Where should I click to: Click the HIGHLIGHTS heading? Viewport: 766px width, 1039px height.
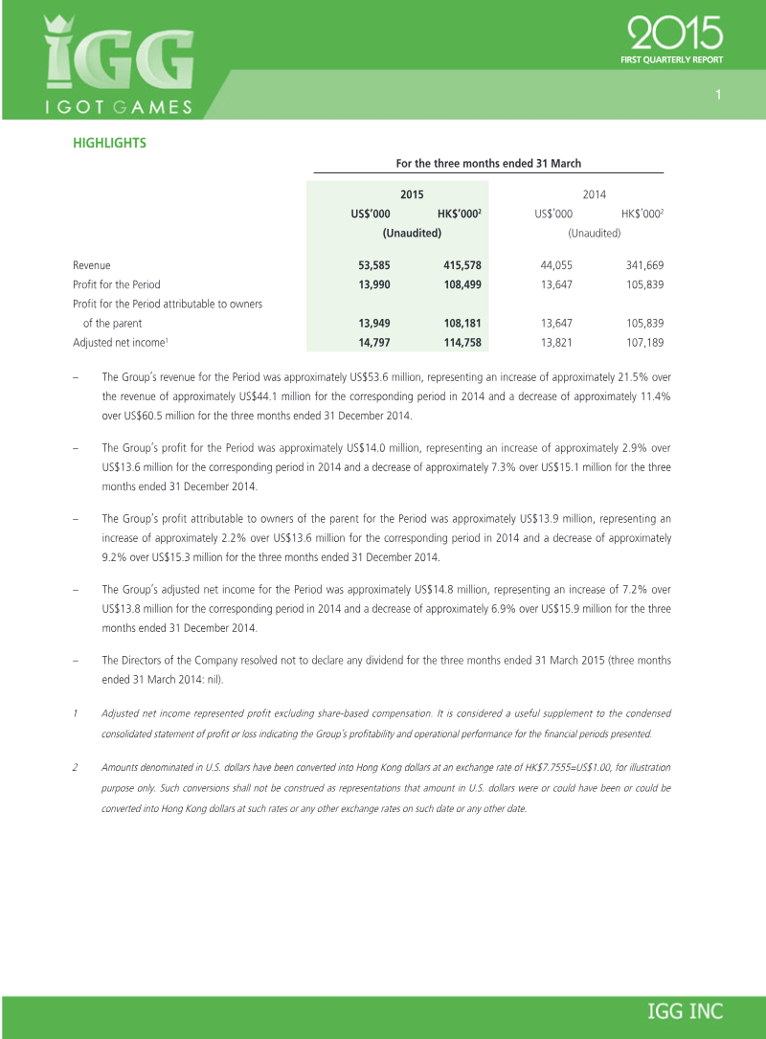point(109,144)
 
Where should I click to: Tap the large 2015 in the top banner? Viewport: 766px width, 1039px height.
point(675,35)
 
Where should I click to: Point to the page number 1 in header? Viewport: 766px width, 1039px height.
point(717,95)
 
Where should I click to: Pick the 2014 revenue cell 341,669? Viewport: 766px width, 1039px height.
point(642,265)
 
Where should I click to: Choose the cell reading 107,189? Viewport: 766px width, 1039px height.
point(642,342)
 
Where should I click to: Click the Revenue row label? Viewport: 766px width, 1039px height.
point(92,265)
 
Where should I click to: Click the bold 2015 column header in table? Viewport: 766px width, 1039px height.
point(412,194)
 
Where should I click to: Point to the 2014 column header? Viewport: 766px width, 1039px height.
point(594,194)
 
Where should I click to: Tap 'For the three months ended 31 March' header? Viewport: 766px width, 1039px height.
point(488,164)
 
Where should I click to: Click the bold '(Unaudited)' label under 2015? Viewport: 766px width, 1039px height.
point(412,233)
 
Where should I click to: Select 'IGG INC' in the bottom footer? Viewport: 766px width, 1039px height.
point(686,1011)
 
